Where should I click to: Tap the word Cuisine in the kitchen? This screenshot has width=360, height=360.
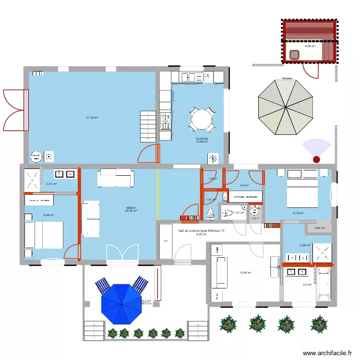point(202,138)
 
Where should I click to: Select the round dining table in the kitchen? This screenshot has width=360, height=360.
point(202,118)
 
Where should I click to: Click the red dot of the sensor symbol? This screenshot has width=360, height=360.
point(316,159)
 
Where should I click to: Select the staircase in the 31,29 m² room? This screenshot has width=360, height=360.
point(147,126)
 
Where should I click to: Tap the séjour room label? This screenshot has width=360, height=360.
point(131,208)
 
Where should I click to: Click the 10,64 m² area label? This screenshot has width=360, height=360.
point(245,273)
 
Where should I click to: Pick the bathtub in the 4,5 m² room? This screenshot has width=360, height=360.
point(323,284)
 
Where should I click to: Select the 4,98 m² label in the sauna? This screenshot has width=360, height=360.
point(310,47)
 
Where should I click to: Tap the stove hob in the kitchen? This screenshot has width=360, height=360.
point(165,121)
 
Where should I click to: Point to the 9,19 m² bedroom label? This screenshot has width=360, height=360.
point(299,213)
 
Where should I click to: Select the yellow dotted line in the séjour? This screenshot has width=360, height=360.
point(157,192)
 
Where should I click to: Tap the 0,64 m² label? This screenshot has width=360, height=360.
point(319,228)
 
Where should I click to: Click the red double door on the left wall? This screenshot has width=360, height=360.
point(14,107)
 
